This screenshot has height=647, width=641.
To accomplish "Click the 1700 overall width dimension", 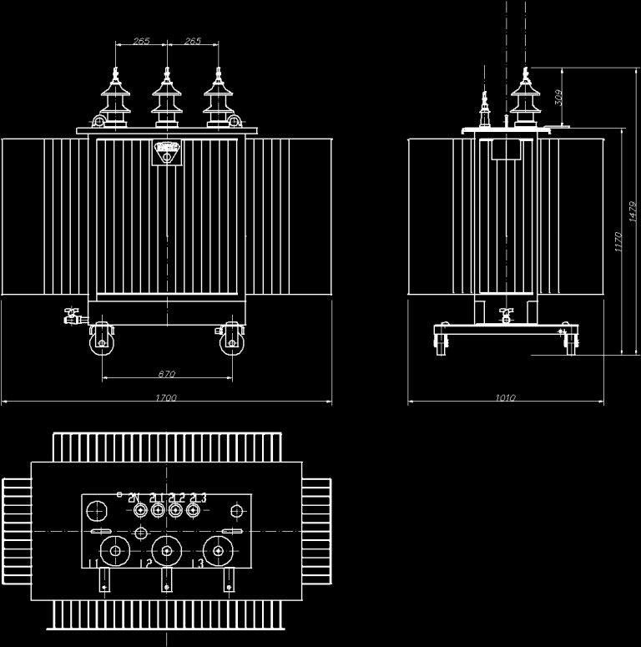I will pos(166,398).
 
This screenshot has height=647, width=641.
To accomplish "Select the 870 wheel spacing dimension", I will pos(166,373).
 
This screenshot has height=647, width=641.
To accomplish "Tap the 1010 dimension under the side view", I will pos(505,398).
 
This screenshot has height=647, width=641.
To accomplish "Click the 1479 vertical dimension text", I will pos(633,215).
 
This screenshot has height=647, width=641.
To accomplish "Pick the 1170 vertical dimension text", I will pos(618,241).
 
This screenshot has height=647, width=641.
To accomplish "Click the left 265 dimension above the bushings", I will pos(141,41).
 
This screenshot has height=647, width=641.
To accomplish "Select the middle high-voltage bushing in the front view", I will pos(167,99).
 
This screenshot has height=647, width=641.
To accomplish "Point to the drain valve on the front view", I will pos(72,316).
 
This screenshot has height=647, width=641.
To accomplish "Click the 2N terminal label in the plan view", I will pos(134,498).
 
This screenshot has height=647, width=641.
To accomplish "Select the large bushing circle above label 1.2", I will pos(167,550).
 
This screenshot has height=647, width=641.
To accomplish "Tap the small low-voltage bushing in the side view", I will pos(483,109).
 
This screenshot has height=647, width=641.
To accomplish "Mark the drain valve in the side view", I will pos(505,316).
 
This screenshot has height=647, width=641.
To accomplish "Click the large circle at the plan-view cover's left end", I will pos(98,510).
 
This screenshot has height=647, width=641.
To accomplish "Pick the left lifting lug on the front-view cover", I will pos(99,124).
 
